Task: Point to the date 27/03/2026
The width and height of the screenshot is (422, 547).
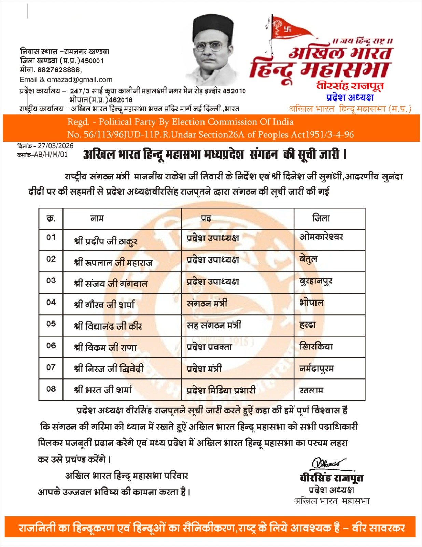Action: click(x=56, y=146)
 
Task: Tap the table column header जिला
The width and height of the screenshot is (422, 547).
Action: click(x=321, y=218)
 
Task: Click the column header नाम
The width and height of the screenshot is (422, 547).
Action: click(x=97, y=218)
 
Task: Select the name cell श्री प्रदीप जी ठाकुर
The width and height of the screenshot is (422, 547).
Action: click(x=105, y=241)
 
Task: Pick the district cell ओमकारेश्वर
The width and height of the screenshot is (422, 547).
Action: click(x=321, y=237)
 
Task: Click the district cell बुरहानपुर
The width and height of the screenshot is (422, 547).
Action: click(x=316, y=281)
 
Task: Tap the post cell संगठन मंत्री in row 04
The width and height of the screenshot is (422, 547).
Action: click(x=207, y=303)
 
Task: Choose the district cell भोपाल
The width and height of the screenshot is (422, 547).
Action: click(x=311, y=303)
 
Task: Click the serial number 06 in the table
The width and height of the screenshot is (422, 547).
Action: click(x=51, y=346)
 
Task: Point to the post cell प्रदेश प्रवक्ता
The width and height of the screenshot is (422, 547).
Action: click(x=209, y=347)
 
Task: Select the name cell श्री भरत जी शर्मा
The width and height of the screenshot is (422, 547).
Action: click(x=103, y=390)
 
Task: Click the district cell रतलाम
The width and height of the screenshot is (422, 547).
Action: click(x=311, y=390)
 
